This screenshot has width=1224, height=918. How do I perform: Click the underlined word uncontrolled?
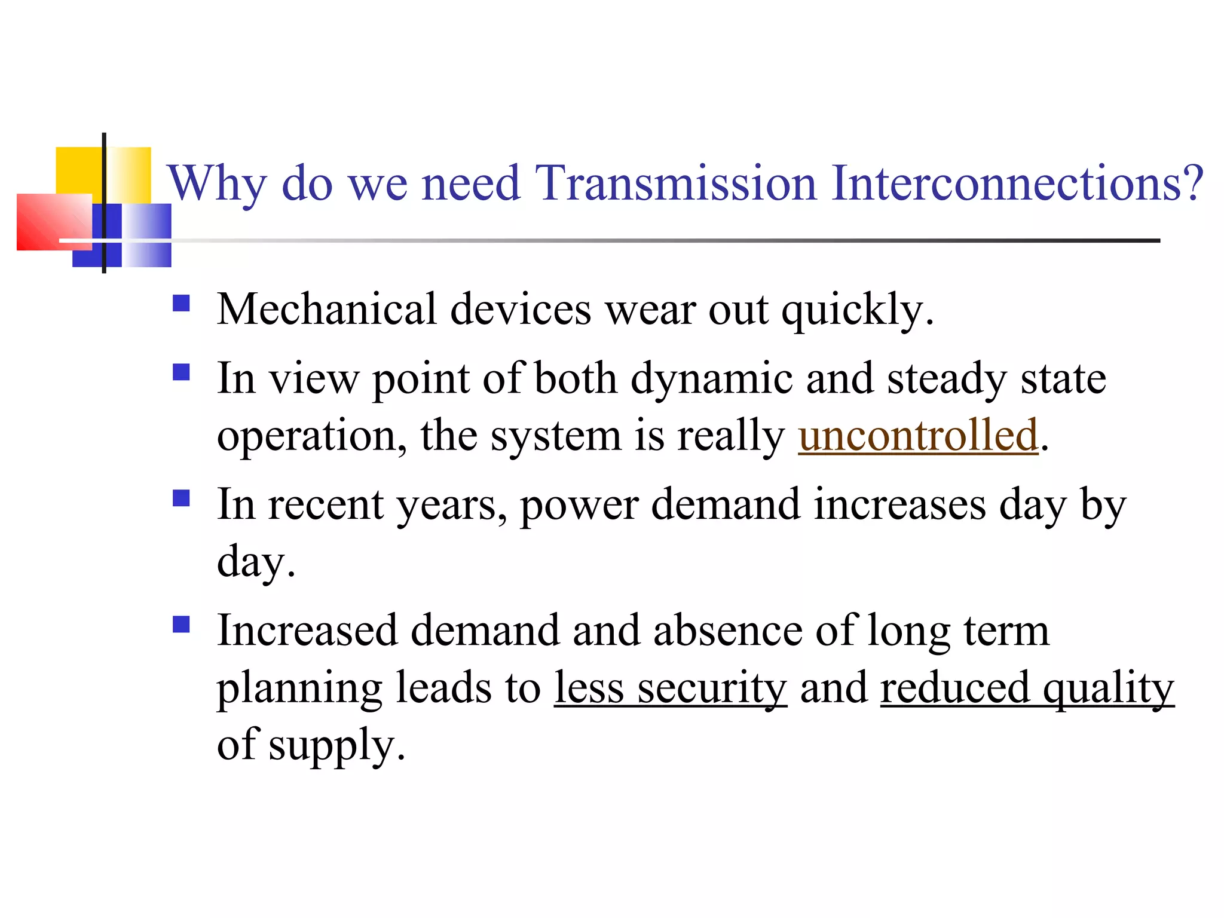[918, 435]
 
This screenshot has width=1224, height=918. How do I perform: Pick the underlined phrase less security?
[670, 688]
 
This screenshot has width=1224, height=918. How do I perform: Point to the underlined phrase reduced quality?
[1027, 688]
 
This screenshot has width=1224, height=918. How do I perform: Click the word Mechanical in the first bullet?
[326, 310]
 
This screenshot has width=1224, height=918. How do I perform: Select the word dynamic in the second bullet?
[712, 379]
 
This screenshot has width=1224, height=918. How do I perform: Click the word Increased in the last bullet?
[307, 631]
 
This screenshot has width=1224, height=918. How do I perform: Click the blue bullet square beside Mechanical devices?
[181, 304]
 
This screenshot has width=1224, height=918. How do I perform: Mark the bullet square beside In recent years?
[181, 498]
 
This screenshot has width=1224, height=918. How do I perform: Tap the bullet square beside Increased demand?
[181, 625]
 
